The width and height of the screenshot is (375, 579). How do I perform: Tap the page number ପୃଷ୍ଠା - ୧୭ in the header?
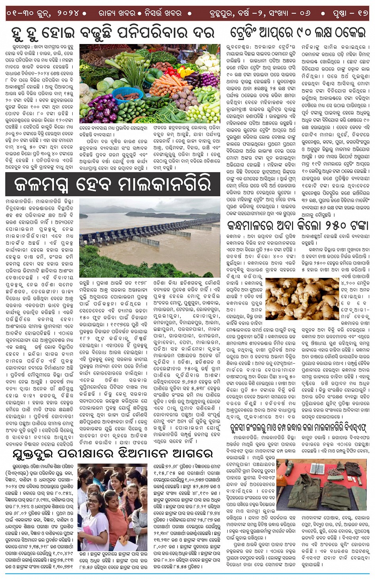pyautogui.click(x=350, y=13)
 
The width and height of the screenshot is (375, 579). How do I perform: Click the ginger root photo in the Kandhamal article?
pyautogui.click(x=302, y=298)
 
